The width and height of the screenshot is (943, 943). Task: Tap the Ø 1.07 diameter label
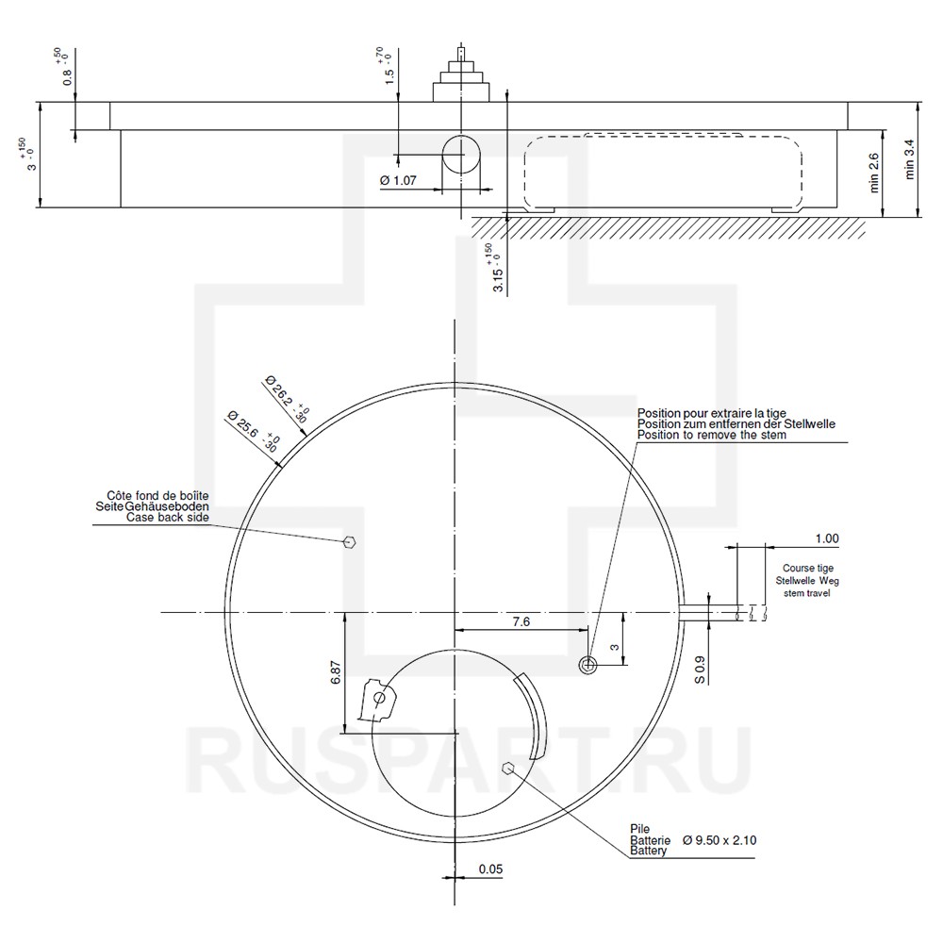[398, 180]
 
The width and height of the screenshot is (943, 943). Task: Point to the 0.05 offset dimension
[489, 869]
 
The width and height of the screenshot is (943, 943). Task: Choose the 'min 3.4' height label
[909, 160]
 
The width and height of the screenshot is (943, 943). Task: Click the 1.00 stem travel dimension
[826, 538]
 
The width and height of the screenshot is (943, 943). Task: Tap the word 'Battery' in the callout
[649, 852]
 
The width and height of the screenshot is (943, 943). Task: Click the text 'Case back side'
[167, 518]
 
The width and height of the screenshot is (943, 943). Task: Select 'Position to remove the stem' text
[711, 435]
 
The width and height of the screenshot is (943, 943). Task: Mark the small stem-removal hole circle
[588, 665]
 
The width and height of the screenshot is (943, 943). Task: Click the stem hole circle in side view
[461, 153]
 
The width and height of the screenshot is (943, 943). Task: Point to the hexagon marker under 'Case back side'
[349, 541]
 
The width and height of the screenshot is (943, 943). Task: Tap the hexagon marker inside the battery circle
[508, 768]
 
